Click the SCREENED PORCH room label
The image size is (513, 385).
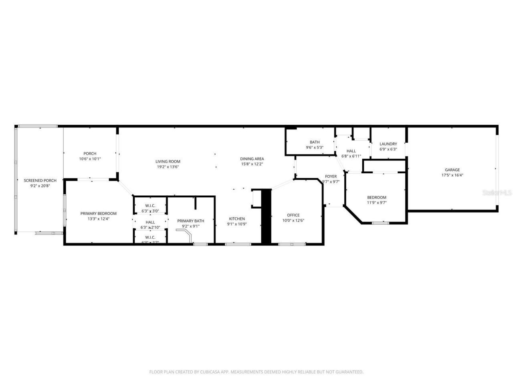40,180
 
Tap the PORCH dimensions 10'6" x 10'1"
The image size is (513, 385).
90,159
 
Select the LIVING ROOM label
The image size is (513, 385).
168,162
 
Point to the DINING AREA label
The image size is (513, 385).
252,159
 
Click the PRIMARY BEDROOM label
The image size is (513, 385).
98,213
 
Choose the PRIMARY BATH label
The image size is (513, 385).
191,221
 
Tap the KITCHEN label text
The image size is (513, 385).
237,219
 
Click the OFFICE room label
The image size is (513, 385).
293,215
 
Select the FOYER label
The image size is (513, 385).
331,176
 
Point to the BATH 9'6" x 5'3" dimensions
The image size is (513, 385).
315,148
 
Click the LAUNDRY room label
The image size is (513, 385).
388,144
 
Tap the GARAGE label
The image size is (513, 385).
452,170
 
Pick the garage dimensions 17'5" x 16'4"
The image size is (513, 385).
452,175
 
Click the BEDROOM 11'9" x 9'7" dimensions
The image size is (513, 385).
377,203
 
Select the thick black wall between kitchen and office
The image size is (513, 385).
266,217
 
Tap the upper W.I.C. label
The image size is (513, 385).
150,206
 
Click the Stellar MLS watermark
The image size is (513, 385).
497,192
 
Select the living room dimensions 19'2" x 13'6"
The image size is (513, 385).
168,167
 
